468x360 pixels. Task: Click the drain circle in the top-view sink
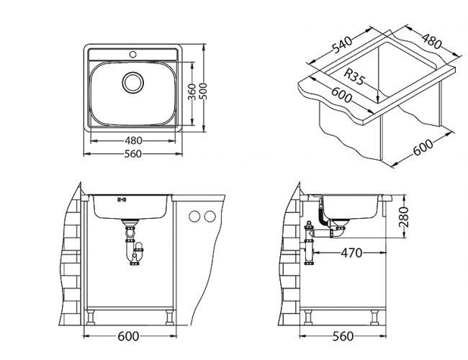pyautogui.click(x=133, y=81)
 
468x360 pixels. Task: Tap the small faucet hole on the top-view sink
pyautogui.click(x=133, y=55)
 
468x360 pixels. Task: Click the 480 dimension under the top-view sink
pyautogui.click(x=133, y=141)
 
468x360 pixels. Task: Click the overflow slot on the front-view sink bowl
pyautogui.click(x=121, y=199)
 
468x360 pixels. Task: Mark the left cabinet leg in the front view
pyautogui.click(x=94, y=318)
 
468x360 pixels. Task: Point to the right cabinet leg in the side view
pyautogui.click(x=374, y=318)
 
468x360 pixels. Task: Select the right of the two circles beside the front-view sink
pyautogui.click(x=210, y=216)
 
